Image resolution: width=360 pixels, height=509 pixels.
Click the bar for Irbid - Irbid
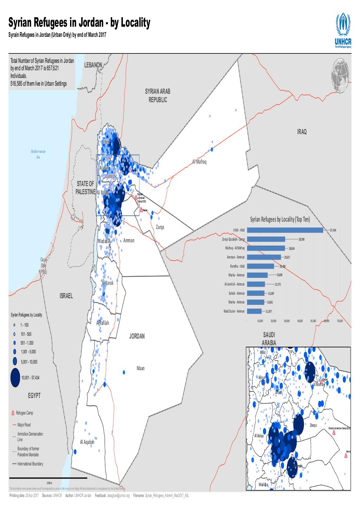pyautogui.click(x=285, y=230)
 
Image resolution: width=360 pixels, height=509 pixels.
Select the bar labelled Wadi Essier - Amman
pyautogui.click(x=255, y=311)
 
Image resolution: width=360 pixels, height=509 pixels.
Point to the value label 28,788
pyautogui.click(x=301, y=239)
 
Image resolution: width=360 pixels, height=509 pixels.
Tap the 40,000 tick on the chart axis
pyautogui.click(x=300, y=321)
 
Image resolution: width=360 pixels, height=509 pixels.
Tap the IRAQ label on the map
pyautogui.click(x=302, y=132)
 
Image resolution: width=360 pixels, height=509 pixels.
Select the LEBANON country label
pyautogui.click(x=93, y=65)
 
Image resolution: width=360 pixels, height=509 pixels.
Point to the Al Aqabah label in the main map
pyautogui.click(x=87, y=442)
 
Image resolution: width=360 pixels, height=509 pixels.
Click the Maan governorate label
pyautogui.click(x=140, y=368)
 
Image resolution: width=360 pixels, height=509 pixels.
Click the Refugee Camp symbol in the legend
pyautogui.click(x=13, y=413)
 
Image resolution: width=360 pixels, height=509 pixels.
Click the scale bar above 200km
pyautogui.click(x=48, y=478)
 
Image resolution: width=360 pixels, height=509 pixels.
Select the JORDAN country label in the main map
pyautogui.click(x=137, y=336)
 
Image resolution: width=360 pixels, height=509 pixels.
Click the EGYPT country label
pyautogui.click(x=34, y=396)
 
